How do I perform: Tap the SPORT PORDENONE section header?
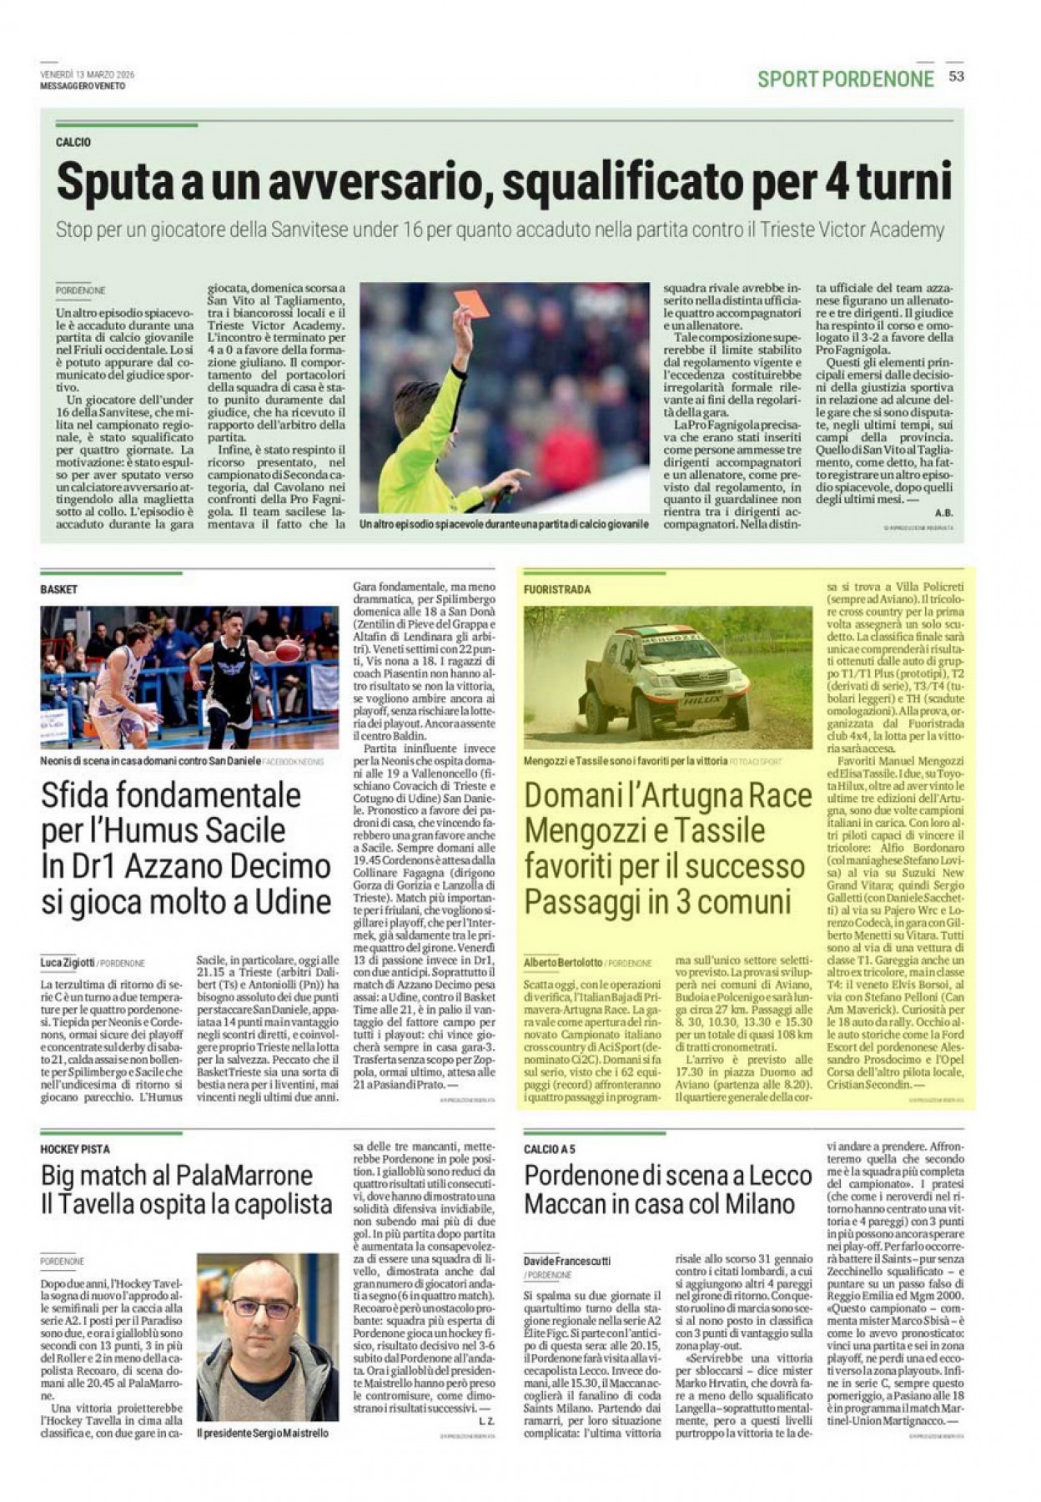[846, 79]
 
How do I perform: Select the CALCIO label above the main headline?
[73, 143]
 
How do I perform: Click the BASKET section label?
[58, 589]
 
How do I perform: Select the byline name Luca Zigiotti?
[68, 963]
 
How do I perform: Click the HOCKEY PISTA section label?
[75, 1149]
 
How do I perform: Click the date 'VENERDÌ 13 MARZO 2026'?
[88, 74]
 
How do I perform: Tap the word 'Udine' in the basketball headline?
[282, 901]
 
